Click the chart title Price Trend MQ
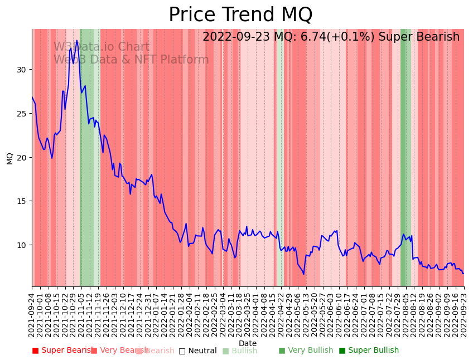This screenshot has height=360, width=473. pos(240,15)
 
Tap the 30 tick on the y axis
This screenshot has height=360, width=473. pos(22,70)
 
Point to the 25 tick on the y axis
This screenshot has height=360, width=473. pos(22,114)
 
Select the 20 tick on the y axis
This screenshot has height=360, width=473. pos(22,157)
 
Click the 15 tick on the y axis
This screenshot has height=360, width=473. pos(22,201)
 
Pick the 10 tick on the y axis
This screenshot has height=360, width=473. pos(22,245)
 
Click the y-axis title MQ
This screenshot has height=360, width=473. pos(9,158)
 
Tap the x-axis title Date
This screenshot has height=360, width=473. pos(248,343)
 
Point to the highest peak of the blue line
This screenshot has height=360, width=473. pos(76,41)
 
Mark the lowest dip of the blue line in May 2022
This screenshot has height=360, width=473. pos(304,274)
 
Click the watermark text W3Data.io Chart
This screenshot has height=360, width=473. pos(102,47)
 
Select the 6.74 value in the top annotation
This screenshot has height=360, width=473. pos(320,37)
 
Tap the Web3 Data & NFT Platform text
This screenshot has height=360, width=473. pos(131,60)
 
